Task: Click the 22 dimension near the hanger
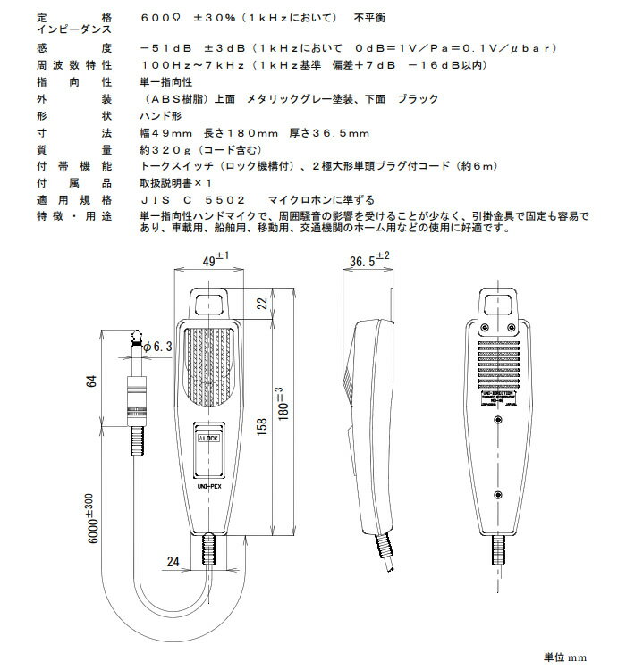(x=263, y=305)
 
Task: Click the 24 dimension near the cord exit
(x=173, y=562)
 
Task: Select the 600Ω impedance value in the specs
(x=161, y=18)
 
